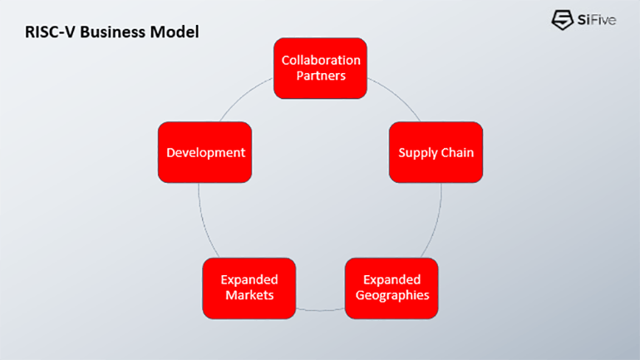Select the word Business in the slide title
tap(108, 33)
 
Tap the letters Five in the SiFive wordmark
tap(602, 20)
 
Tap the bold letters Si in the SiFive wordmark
tap(583, 20)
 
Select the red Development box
tap(204, 152)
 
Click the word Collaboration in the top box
tap(321, 60)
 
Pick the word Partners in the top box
tap(321, 76)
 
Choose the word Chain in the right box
tap(457, 153)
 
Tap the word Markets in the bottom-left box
tap(249, 295)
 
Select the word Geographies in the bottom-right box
tap(391, 295)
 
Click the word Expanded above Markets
tap(249, 279)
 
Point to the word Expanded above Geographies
tap(391, 279)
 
